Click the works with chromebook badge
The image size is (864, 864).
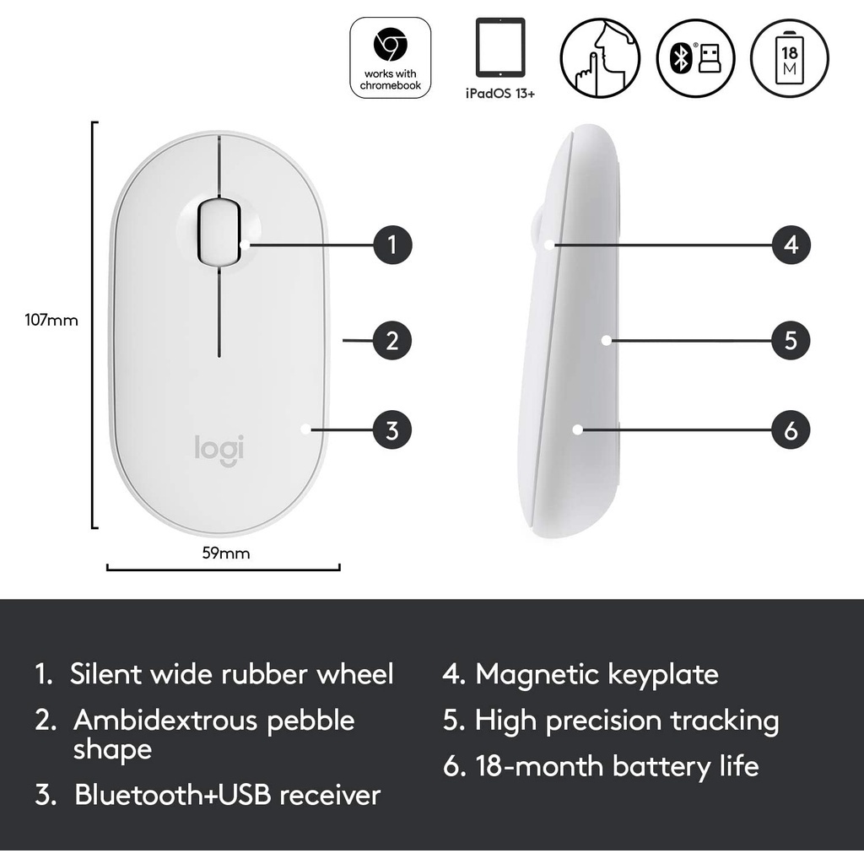coord(390,58)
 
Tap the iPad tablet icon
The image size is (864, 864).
coord(500,47)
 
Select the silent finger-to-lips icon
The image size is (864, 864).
coord(600,58)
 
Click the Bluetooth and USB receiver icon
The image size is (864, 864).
coord(696,58)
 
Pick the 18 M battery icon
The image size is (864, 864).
coord(790,58)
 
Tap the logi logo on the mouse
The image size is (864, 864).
coord(219,449)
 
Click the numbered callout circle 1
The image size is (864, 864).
coord(392,245)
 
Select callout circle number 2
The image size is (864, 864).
coord(392,341)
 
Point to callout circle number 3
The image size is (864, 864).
coord(392,429)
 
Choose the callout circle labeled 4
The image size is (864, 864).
coord(791,245)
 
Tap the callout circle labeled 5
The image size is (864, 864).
coord(791,341)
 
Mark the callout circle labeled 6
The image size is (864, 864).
coord(791,429)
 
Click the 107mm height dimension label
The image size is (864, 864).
coord(51,320)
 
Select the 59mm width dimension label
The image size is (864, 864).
coord(226,553)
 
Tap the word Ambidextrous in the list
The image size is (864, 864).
coord(165,721)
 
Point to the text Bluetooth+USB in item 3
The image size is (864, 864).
coord(172,795)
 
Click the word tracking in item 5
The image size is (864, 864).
coord(724,721)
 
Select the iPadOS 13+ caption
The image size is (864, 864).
coord(500,94)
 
